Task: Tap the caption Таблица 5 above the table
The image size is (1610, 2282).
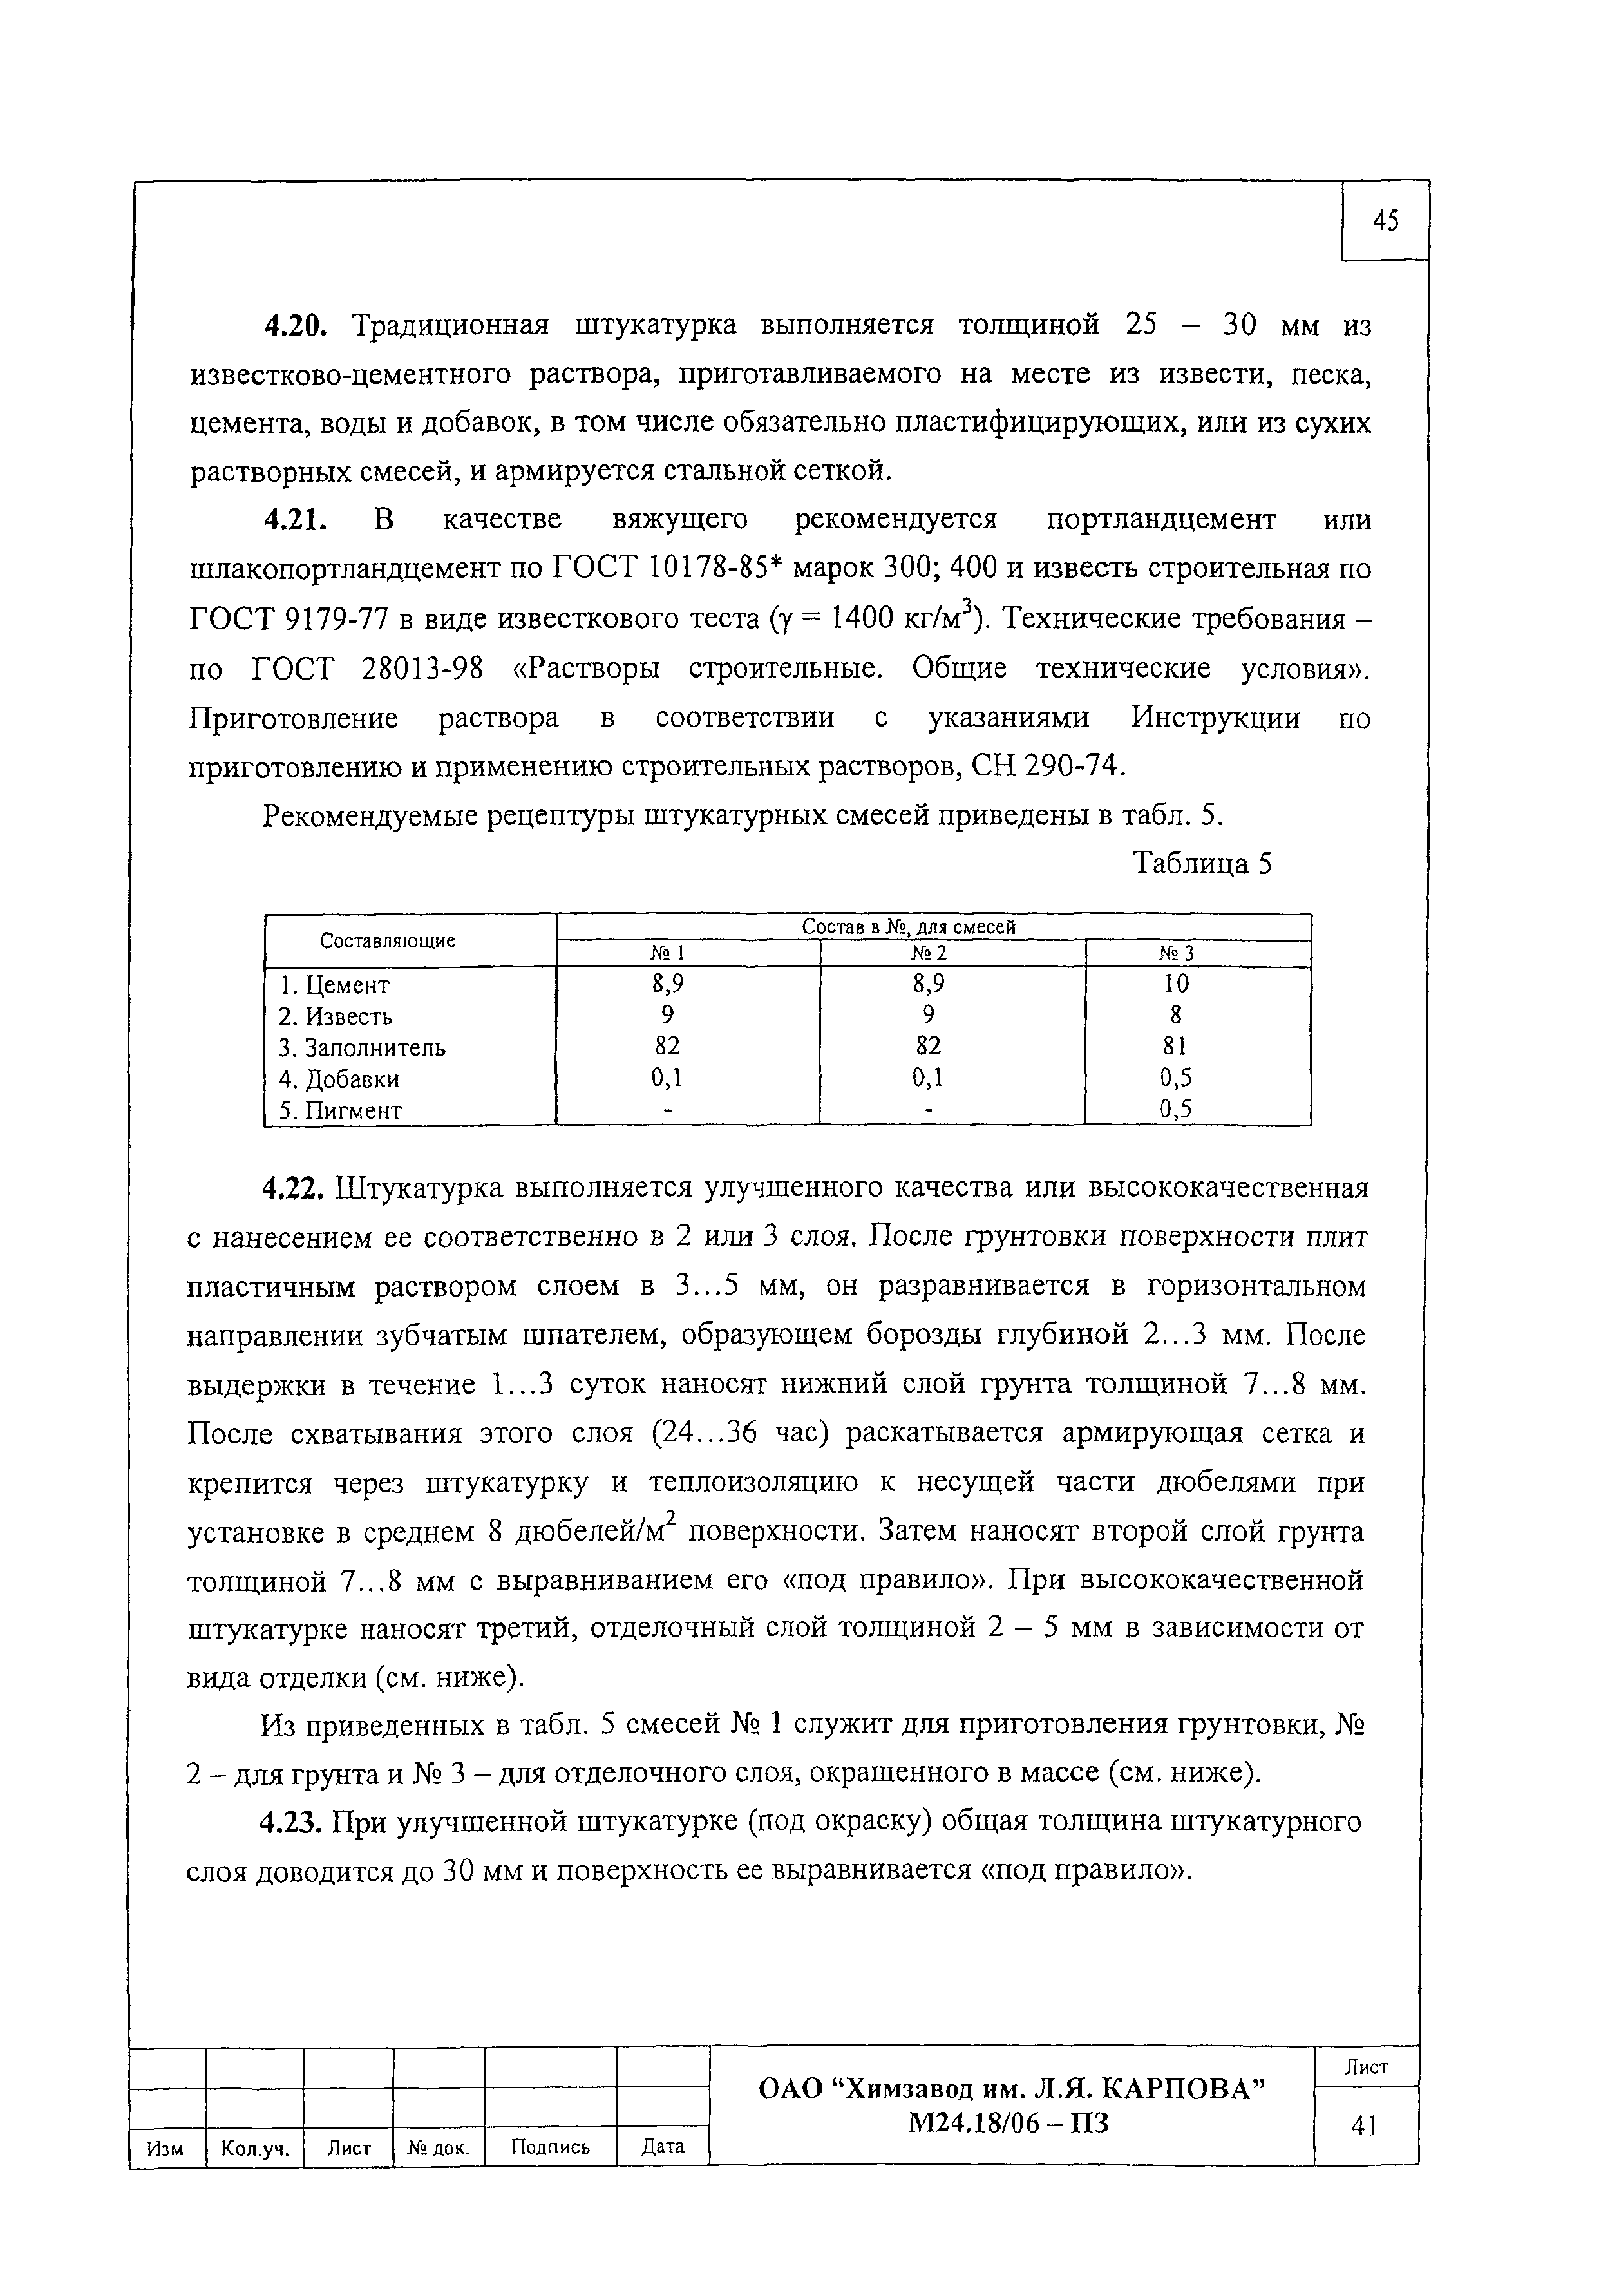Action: [x=1202, y=864]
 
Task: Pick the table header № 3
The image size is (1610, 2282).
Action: [x=1176, y=954]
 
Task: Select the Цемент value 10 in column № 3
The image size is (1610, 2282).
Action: [x=1176, y=984]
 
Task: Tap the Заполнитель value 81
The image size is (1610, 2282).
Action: [x=1176, y=1047]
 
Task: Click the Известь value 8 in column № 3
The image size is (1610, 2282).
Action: [x=1176, y=1016]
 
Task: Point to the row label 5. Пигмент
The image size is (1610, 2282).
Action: [x=340, y=1111]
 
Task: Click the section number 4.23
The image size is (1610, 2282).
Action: [x=290, y=1823]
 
